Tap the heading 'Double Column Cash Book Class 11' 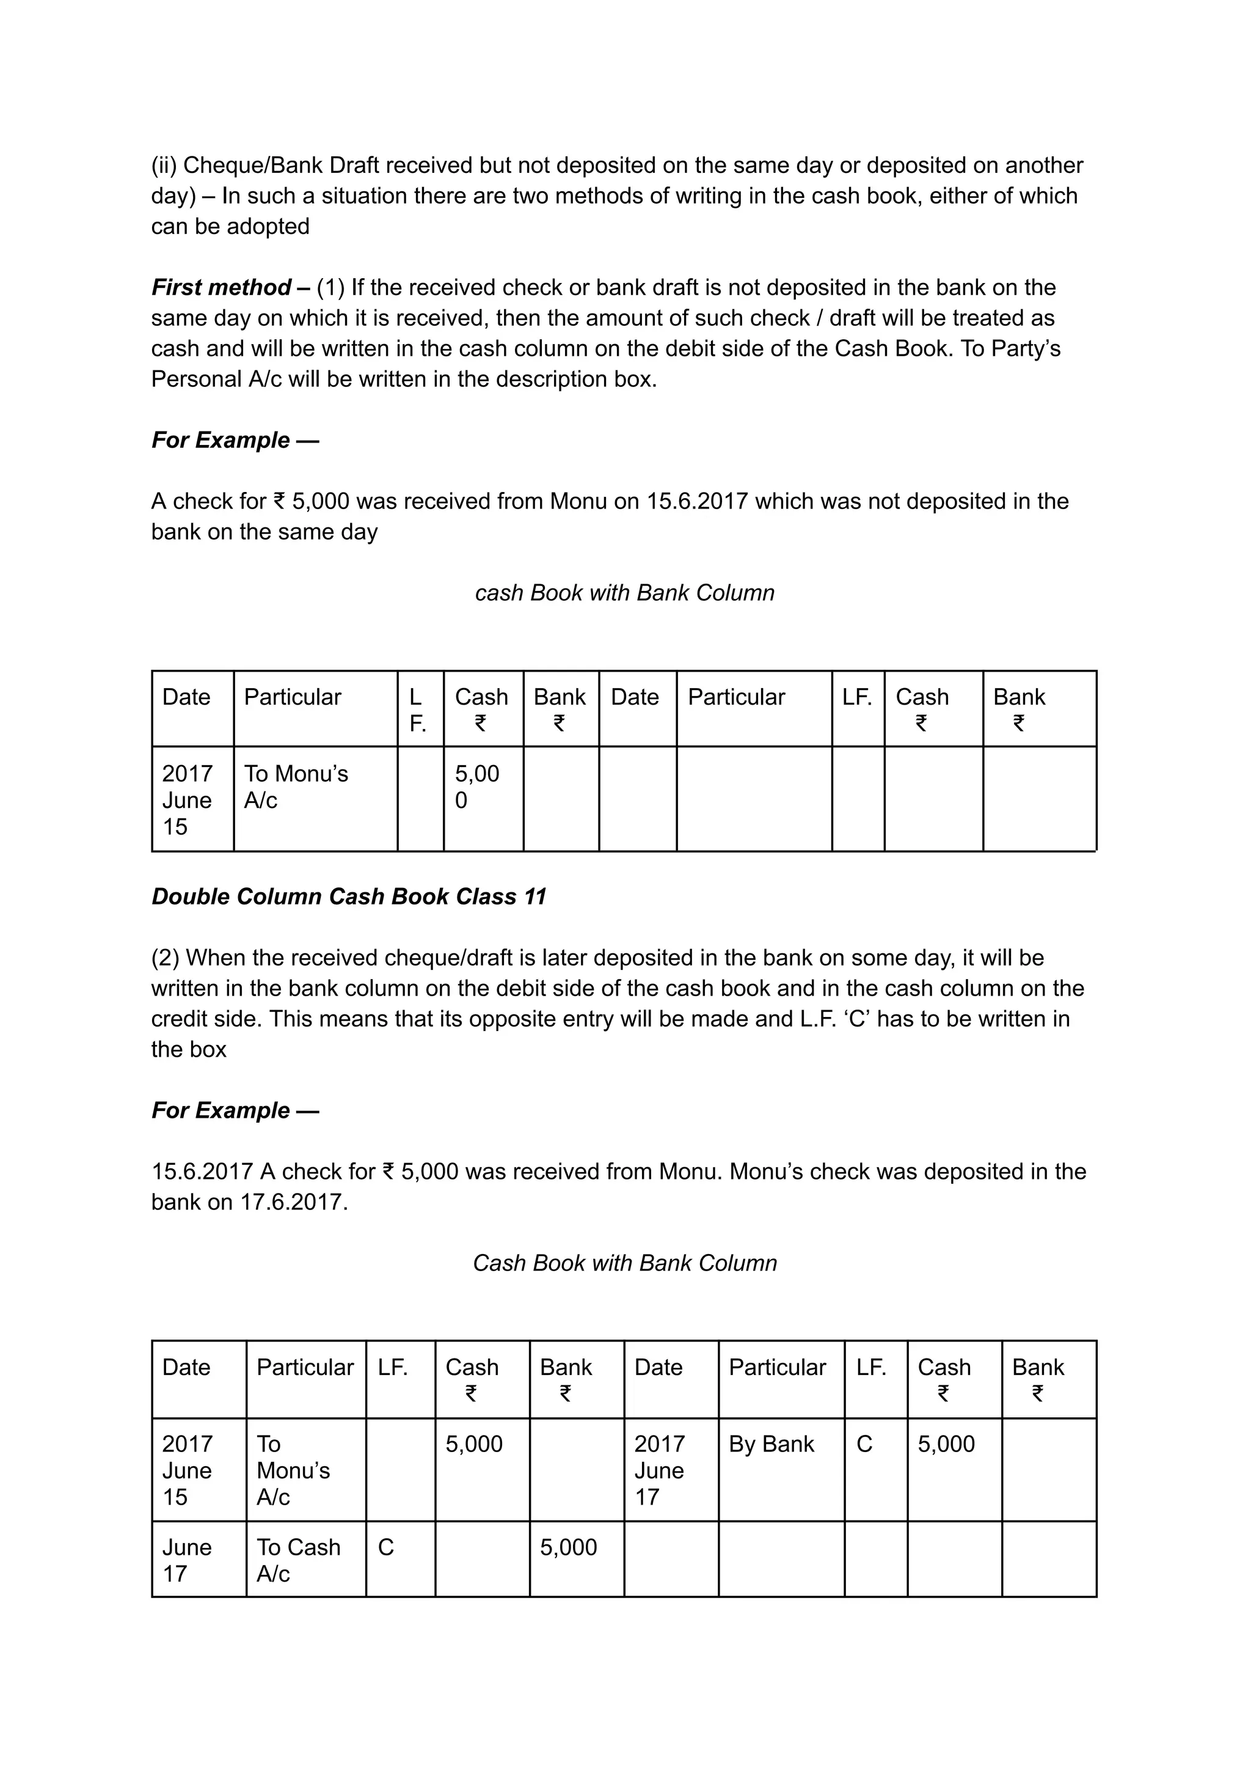point(348,897)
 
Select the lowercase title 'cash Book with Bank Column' point(625,593)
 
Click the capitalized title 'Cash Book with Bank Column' point(625,1263)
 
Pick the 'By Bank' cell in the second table point(771,1443)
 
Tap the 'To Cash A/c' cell point(298,1560)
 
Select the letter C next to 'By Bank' point(864,1444)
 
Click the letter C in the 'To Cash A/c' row point(386,1547)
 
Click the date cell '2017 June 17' point(658,1470)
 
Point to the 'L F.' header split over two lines point(417,710)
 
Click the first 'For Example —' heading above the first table point(235,440)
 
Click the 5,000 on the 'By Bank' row point(946,1444)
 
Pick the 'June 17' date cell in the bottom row point(186,1560)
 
